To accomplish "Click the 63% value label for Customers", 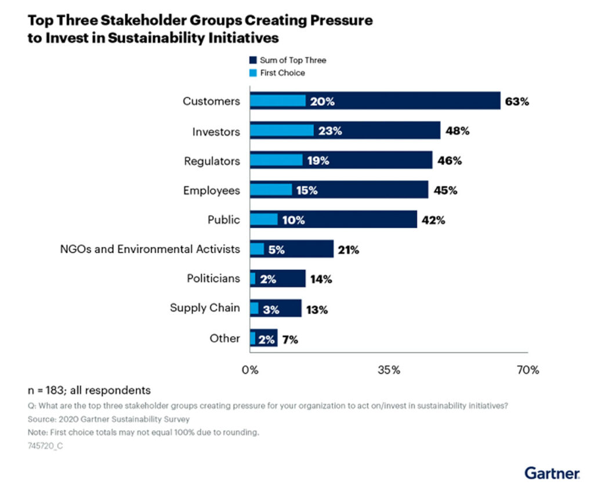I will pyautogui.click(x=517, y=101).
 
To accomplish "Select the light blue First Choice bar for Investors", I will pyautogui.click(x=282, y=131).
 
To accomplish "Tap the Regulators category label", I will pyautogui.click(x=212, y=161).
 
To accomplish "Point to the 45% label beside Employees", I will pyautogui.click(x=445, y=191).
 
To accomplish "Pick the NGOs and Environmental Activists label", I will pyautogui.click(x=150, y=249).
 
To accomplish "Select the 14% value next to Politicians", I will pyautogui.click(x=321, y=279).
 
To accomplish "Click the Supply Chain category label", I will pyautogui.click(x=204, y=308).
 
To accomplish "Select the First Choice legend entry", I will pyautogui.click(x=282, y=73).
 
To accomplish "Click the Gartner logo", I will pyautogui.click(x=551, y=473).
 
